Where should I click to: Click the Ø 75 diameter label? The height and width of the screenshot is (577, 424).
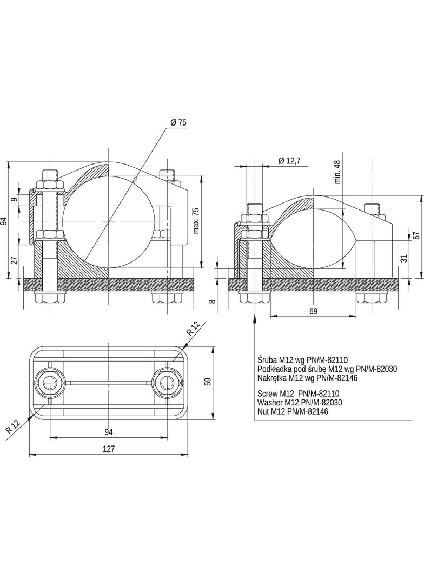[178, 123]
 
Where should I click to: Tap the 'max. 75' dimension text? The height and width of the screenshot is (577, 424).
[196, 220]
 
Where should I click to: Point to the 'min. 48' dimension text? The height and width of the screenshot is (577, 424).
[337, 172]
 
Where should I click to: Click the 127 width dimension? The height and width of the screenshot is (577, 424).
[109, 449]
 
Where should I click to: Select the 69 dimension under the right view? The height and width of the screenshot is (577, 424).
[313, 311]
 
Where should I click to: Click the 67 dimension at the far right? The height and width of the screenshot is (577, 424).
[416, 235]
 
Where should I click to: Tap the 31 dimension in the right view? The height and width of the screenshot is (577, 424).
[404, 259]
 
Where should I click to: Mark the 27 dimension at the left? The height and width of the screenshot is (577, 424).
[14, 260]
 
